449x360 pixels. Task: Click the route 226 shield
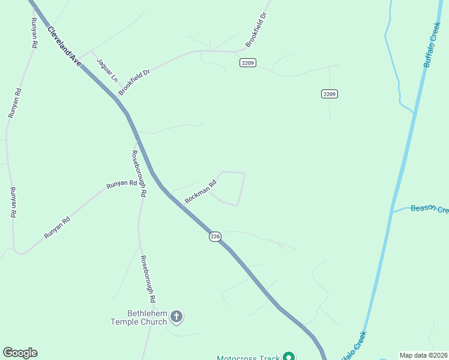[215, 237]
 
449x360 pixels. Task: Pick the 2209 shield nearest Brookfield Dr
[248, 62]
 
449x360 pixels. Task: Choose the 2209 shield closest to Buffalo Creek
[329, 94]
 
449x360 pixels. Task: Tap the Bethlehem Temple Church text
[139, 317]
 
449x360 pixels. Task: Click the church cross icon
[176, 316]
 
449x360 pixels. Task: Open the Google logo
[20, 353]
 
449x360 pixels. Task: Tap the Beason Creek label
[429, 209]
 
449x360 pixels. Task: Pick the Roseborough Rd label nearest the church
[148, 278]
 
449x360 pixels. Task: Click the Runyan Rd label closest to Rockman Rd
[121, 185]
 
